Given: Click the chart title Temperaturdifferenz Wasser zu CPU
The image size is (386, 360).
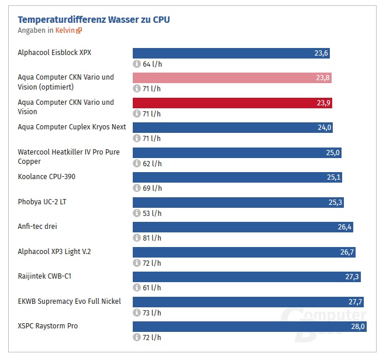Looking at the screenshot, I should tap(94, 20).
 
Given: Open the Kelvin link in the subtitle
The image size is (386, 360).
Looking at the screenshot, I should tap(65, 30).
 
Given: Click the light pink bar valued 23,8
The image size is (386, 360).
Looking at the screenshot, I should tap(232, 78).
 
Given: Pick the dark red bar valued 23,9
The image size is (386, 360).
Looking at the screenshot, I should tap(233, 103).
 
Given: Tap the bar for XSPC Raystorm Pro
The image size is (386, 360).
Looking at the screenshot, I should tap(250, 327).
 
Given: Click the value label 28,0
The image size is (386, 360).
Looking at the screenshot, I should tap(357, 327).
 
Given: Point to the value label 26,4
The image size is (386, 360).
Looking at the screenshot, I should tap(344, 227).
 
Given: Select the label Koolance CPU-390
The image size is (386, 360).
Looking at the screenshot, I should tap(47, 177).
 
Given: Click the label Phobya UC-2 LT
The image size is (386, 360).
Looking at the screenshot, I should tap(42, 201).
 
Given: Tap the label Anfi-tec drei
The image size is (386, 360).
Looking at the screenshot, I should tap(38, 227).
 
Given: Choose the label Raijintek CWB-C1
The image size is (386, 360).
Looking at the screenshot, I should tap(45, 276).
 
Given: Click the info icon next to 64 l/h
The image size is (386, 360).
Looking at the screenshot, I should tap(137, 64).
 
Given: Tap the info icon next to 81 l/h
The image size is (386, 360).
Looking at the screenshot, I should tap(137, 238).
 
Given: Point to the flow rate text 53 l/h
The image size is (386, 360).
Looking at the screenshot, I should tap(151, 213).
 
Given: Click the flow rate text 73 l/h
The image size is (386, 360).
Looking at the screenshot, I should tap(151, 313).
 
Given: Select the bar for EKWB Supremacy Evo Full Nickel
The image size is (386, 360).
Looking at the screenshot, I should tap(249, 301).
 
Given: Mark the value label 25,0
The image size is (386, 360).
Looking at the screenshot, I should tap(332, 153).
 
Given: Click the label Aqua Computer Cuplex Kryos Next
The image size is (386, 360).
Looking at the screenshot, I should tap(72, 127).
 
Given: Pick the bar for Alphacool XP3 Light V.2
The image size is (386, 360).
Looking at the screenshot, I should tap(244, 252).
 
